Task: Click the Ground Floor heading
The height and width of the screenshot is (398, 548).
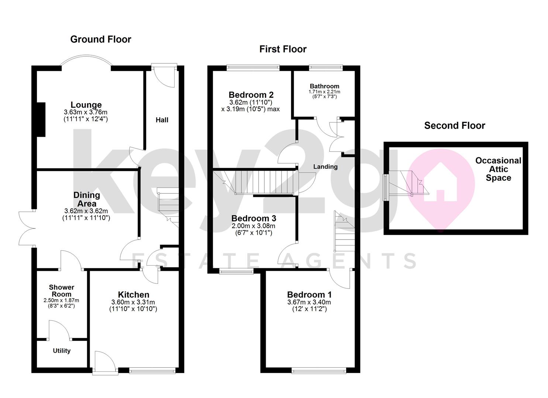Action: (x=100, y=39)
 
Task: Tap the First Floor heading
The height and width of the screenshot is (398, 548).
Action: (x=283, y=49)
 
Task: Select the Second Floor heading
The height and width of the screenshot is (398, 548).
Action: (x=455, y=126)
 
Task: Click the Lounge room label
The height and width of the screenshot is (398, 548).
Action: (x=86, y=105)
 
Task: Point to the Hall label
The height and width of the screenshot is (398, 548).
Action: (x=162, y=120)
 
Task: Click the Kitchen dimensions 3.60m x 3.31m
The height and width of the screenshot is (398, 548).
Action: (x=133, y=302)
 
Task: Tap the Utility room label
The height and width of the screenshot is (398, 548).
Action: (x=62, y=350)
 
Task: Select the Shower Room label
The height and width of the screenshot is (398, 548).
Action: (x=62, y=290)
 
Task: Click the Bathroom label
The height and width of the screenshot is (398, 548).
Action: (x=324, y=86)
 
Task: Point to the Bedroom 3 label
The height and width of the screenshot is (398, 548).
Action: (x=254, y=218)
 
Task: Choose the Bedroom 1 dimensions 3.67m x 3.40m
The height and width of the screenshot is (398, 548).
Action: (x=309, y=302)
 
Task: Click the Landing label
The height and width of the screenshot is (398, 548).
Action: (x=325, y=167)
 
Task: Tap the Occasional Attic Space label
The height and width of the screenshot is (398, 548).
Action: (x=498, y=169)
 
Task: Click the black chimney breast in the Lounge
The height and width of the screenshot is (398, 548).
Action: (x=41, y=119)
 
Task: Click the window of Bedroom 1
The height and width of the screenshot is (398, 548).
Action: (x=319, y=371)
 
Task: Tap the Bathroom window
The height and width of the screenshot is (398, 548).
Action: (x=325, y=67)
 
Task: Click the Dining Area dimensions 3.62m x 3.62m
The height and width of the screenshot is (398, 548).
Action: (x=86, y=211)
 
